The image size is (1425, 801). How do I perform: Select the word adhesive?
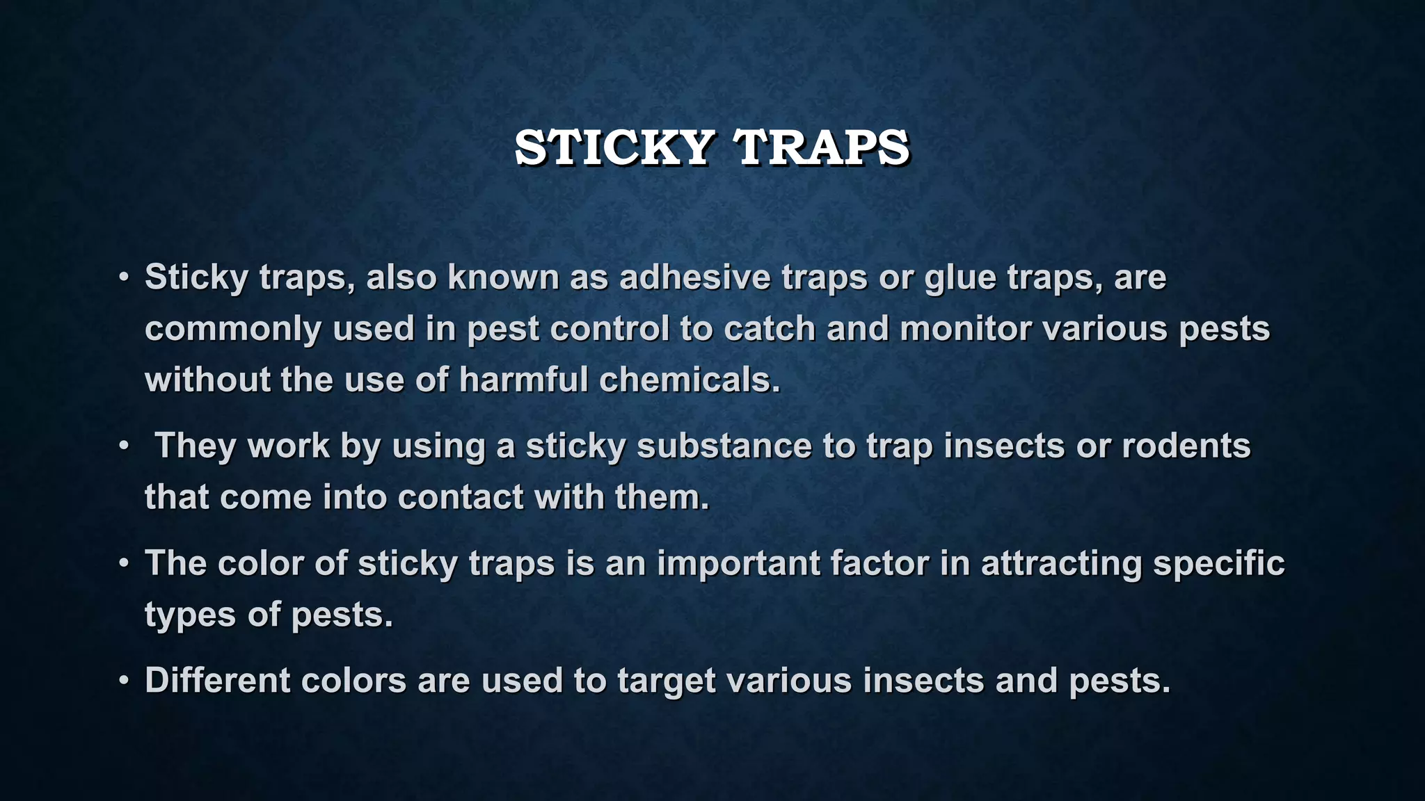coord(695,277)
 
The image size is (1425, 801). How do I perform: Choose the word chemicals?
coord(690,380)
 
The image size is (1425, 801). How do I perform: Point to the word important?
coord(738,563)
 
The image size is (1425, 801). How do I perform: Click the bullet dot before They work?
coord(123,446)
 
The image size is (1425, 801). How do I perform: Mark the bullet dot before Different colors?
coord(123,681)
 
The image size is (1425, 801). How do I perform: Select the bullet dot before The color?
coord(123,563)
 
